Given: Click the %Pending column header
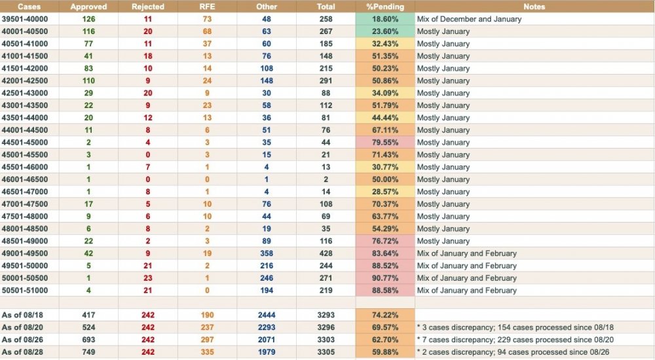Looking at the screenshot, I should [384, 7].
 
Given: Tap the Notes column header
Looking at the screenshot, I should [534, 7].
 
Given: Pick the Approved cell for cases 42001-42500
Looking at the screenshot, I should [88, 81].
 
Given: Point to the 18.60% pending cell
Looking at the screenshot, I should [384, 19].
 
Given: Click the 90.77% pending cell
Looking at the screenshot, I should [384, 278].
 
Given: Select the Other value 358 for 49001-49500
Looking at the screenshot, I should [267, 253].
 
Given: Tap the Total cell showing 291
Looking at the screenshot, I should [326, 81].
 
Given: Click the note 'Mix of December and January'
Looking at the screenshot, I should [469, 19].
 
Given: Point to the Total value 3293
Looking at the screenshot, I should [326, 315].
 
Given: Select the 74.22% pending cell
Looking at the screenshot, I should [384, 315].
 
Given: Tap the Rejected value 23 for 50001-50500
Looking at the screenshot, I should [148, 278].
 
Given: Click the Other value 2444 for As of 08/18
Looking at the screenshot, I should [267, 315].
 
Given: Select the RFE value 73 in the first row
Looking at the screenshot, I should [207, 19].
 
